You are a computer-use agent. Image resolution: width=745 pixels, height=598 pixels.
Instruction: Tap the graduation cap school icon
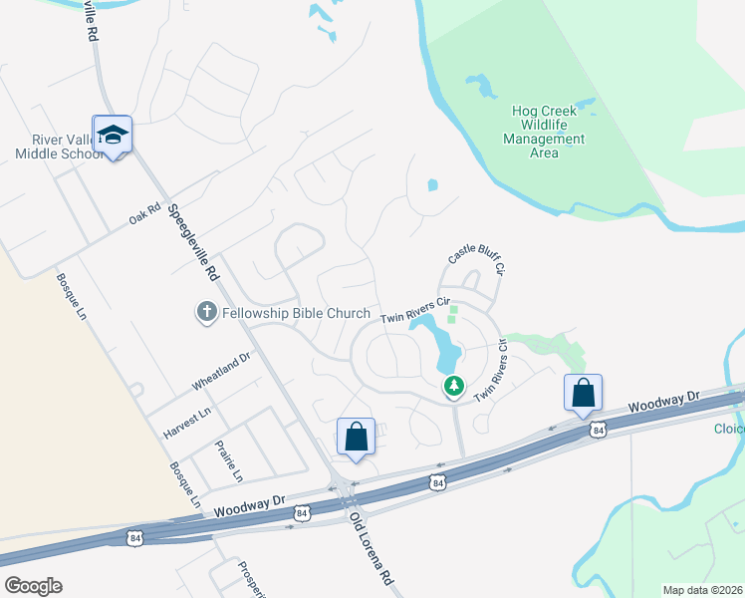(x=113, y=135)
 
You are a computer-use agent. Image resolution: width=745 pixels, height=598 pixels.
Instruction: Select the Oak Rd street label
(x=144, y=214)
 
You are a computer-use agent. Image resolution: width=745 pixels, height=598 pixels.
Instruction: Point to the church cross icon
(x=206, y=313)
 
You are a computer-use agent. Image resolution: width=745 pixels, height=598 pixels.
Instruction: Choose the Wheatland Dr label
(x=221, y=372)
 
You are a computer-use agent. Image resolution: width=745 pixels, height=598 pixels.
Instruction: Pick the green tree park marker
(x=454, y=385)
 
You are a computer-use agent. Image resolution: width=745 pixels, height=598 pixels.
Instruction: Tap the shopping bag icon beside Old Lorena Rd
(x=356, y=437)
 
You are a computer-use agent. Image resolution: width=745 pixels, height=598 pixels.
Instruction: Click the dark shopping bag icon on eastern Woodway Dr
(x=583, y=393)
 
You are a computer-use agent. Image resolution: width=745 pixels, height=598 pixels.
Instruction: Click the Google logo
(x=33, y=586)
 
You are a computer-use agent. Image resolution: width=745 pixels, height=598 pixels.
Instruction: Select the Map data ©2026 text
(x=701, y=590)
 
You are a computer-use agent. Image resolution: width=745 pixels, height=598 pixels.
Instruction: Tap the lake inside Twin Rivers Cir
(x=444, y=344)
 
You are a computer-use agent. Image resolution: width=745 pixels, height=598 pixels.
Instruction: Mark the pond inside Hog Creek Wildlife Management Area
(x=481, y=86)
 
